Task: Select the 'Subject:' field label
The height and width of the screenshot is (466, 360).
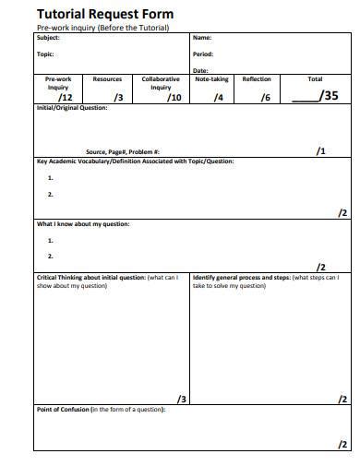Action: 49,38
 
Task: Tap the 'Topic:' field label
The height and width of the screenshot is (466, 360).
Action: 45,54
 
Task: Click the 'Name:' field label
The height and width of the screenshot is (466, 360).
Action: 202,38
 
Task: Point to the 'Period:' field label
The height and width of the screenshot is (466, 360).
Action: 203,54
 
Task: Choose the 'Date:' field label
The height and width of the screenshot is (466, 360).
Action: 201,70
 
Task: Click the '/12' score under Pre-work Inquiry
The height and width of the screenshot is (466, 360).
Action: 65,96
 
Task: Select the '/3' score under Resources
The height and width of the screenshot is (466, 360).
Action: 117,96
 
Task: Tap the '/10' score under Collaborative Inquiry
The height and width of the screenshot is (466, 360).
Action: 174,96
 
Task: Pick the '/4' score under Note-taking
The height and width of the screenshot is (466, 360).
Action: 218,96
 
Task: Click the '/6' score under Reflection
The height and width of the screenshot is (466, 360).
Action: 266,96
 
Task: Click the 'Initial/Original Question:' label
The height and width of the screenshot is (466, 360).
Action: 72,108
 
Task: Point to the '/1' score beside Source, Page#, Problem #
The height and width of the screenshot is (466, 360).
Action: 320,150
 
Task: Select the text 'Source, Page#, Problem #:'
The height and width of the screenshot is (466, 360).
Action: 123,152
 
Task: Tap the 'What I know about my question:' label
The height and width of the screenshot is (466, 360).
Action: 83,224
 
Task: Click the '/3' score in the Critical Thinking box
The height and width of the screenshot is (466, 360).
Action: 182,399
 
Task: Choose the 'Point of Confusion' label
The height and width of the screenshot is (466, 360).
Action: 62,409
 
